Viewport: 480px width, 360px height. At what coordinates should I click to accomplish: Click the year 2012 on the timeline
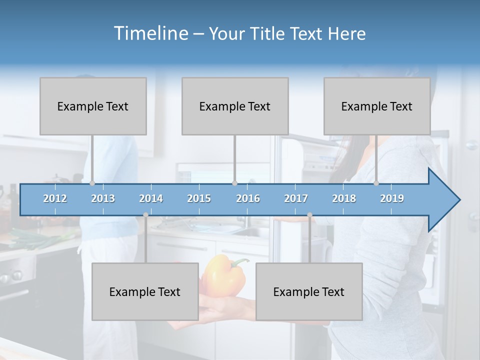[x=55, y=198]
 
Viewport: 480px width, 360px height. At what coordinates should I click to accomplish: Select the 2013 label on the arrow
[x=103, y=198]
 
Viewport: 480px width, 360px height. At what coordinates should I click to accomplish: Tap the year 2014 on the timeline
[x=151, y=198]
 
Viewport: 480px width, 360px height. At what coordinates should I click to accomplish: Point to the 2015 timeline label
[x=199, y=198]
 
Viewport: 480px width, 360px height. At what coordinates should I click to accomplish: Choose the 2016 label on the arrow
[x=248, y=198]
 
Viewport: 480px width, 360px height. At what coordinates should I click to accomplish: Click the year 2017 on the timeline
[x=296, y=198]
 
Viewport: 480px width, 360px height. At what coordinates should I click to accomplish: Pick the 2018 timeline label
[x=344, y=198]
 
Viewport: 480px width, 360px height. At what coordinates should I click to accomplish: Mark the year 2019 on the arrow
[x=392, y=198]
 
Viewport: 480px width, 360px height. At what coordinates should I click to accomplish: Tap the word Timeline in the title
[x=150, y=33]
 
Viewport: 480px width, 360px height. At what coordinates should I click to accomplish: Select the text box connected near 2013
[x=93, y=106]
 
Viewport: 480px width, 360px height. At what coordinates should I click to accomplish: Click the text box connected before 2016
[x=235, y=106]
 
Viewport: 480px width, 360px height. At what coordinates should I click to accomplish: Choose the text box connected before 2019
[x=377, y=106]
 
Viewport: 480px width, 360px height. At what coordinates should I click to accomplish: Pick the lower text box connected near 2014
[x=145, y=291]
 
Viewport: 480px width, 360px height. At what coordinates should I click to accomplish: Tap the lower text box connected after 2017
[x=309, y=291]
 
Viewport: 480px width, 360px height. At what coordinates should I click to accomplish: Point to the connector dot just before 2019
[x=376, y=183]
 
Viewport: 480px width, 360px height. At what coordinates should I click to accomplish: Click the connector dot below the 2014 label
[x=145, y=215]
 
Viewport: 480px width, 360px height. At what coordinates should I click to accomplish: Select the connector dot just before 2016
[x=234, y=183]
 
